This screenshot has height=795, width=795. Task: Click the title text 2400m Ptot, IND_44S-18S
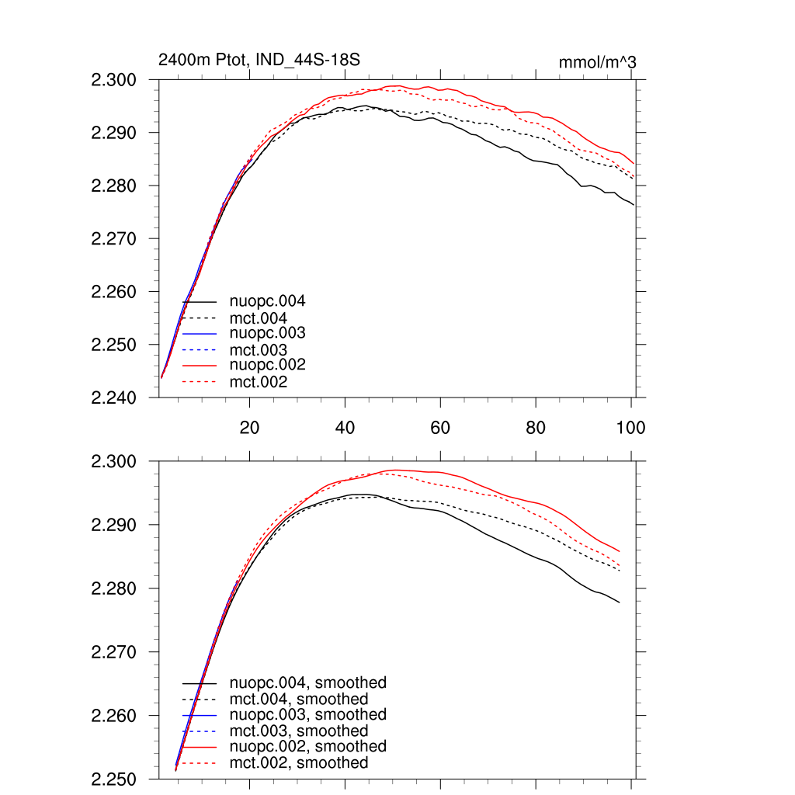[x=259, y=60]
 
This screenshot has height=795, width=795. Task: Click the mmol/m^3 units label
[x=597, y=61]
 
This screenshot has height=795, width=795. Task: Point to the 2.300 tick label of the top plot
[x=115, y=80]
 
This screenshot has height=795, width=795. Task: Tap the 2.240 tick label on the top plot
[x=115, y=397]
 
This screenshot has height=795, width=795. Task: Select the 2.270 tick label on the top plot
[x=115, y=239]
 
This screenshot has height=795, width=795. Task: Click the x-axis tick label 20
[x=250, y=428]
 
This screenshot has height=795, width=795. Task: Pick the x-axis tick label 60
[x=440, y=428]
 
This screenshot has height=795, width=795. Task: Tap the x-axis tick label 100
[x=630, y=428]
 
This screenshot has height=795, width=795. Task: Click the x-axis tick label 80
[x=536, y=428]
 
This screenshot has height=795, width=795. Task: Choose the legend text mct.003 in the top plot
[x=258, y=349]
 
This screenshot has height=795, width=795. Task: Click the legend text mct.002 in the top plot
[x=258, y=382]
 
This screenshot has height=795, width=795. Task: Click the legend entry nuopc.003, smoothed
[x=307, y=714]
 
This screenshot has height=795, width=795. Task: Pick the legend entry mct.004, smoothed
[x=298, y=700]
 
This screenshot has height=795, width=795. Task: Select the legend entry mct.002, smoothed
[x=298, y=763]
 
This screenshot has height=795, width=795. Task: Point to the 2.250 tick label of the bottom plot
[x=115, y=779]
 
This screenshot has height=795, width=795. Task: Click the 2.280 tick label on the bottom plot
[x=115, y=588]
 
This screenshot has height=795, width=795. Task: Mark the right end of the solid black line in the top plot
[x=634, y=205]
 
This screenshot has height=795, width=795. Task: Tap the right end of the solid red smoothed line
[x=620, y=551]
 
